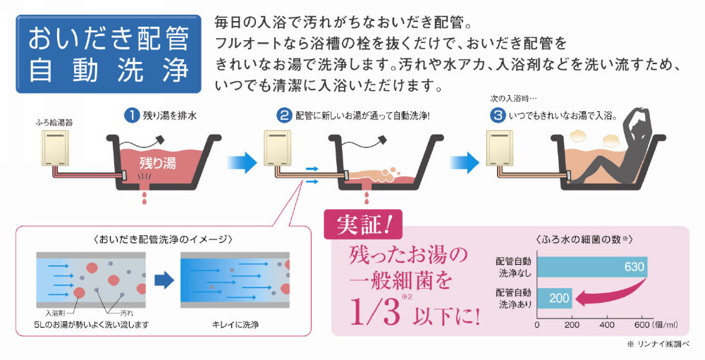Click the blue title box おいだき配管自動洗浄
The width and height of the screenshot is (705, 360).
(109, 54)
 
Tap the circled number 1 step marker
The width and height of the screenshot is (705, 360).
(131, 116)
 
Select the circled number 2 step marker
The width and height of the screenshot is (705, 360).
(283, 116)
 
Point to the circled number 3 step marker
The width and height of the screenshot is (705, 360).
(497, 116)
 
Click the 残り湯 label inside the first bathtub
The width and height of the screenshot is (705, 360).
(157, 162)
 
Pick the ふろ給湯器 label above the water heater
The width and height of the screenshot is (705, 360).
(54, 123)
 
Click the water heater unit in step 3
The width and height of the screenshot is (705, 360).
(499, 147)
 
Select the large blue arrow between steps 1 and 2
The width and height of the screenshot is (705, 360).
(242, 162)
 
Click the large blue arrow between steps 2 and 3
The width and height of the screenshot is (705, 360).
(465, 162)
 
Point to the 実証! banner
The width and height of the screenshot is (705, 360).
(363, 224)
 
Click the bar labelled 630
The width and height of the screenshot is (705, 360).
(592, 266)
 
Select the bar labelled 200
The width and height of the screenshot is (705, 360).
(555, 298)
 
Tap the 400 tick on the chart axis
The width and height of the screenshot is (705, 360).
(607, 325)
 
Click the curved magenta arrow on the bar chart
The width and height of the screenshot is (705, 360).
(611, 294)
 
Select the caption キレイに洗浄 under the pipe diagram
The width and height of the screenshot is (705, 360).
(235, 324)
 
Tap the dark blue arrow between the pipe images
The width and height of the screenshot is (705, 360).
(164, 280)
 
